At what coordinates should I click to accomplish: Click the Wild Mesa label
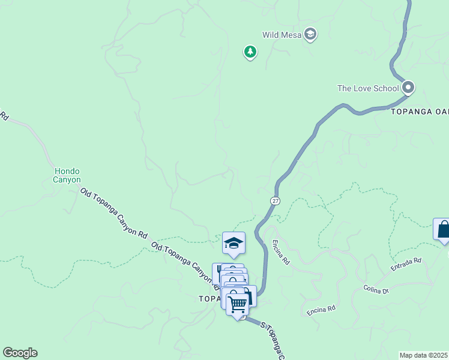tap(281, 35)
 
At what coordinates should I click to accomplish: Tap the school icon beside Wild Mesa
tap(310, 34)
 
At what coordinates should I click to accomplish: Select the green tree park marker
tap(250, 52)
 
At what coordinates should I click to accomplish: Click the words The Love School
tap(367, 88)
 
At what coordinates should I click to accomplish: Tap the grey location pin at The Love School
tap(408, 88)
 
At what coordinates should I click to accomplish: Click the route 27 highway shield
tap(275, 200)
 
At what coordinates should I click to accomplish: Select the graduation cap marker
tap(234, 243)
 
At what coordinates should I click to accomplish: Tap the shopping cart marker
tap(238, 304)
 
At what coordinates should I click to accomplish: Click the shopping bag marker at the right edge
tap(443, 229)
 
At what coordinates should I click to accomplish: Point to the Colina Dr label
tap(376, 289)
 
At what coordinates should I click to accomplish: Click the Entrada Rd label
tap(406, 264)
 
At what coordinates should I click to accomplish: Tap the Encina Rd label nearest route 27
tap(281, 252)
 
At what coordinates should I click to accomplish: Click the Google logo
tap(20, 353)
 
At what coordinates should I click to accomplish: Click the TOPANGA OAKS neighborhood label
tap(420, 112)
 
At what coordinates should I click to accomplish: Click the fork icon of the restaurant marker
tap(218, 269)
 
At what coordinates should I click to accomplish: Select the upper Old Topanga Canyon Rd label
tap(113, 213)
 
